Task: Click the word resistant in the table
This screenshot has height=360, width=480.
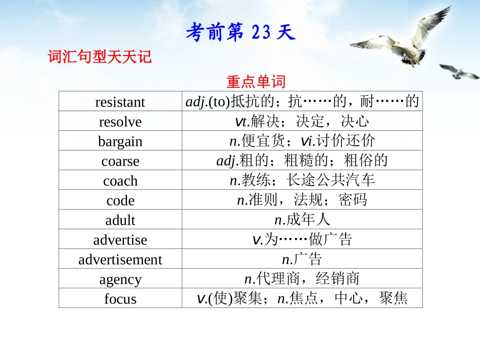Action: [x=120, y=102]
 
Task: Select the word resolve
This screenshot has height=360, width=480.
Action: [x=120, y=122]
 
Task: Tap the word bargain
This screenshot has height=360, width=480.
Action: [x=120, y=141]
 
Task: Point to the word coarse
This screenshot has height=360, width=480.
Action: [x=120, y=161]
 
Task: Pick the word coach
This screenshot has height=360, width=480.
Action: [x=120, y=181]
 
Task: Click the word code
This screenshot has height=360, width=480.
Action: [x=120, y=200]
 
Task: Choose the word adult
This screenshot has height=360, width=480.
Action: [x=120, y=220]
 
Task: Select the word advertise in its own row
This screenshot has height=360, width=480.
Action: [x=120, y=240]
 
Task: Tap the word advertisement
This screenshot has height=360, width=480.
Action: [x=120, y=260]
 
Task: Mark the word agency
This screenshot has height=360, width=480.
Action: [x=120, y=279]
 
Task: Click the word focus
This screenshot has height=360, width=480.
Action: [x=120, y=299]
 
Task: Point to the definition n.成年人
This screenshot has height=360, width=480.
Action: [x=302, y=220]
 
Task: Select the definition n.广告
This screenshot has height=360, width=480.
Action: [x=302, y=260]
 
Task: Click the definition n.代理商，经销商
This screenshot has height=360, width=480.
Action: [x=302, y=279]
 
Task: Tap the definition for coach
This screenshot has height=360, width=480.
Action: [x=302, y=180]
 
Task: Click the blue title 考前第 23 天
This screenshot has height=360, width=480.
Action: [x=240, y=33]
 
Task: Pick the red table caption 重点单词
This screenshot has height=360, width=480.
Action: [x=256, y=81]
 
